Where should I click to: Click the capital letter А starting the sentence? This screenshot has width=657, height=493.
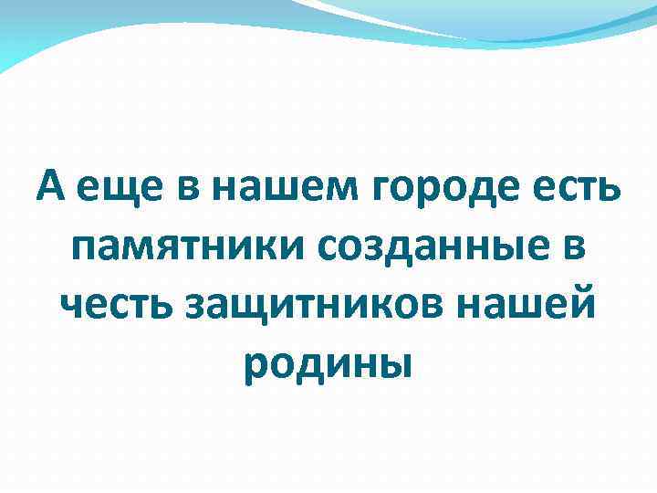coord(52,189)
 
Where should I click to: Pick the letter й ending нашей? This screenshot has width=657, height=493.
coord(583,304)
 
